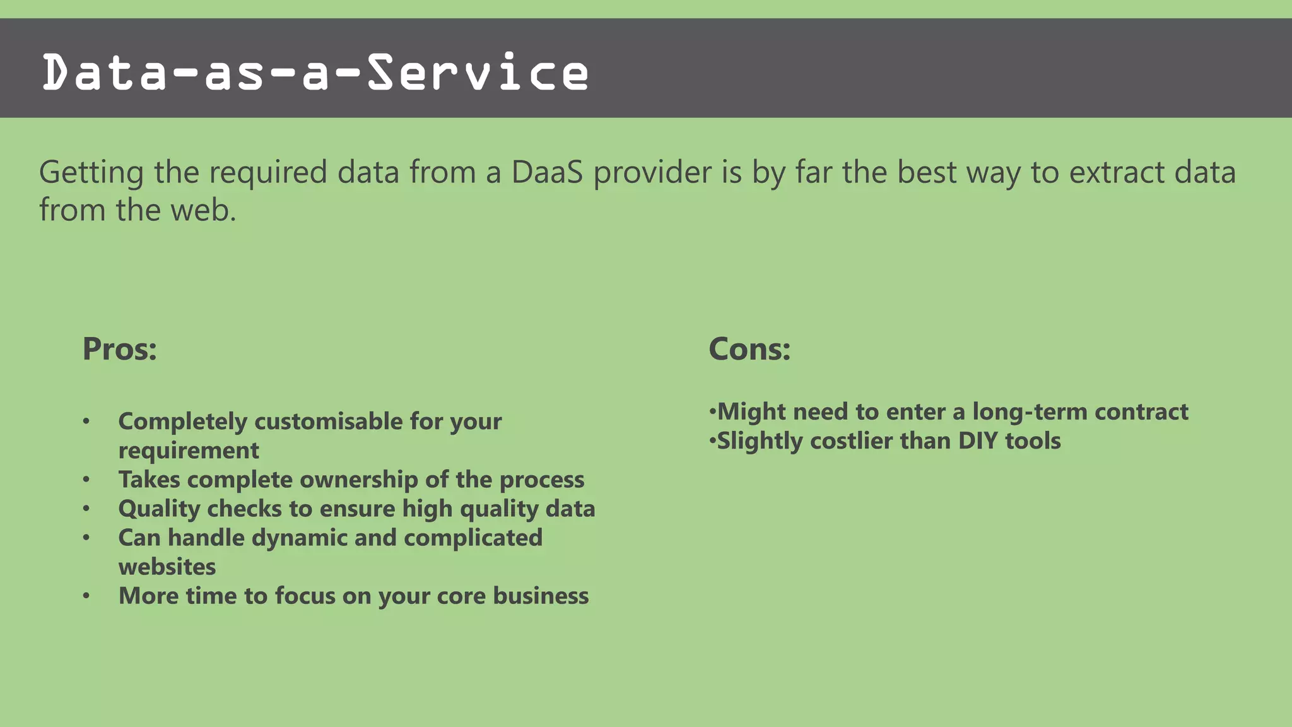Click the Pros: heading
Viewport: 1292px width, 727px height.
point(119,349)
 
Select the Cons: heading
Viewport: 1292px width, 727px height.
point(749,349)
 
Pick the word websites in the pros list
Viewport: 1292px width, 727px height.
point(167,567)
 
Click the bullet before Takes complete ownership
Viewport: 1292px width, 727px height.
point(86,480)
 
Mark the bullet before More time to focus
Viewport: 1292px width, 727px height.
point(86,596)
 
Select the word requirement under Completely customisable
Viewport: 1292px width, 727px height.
point(189,451)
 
